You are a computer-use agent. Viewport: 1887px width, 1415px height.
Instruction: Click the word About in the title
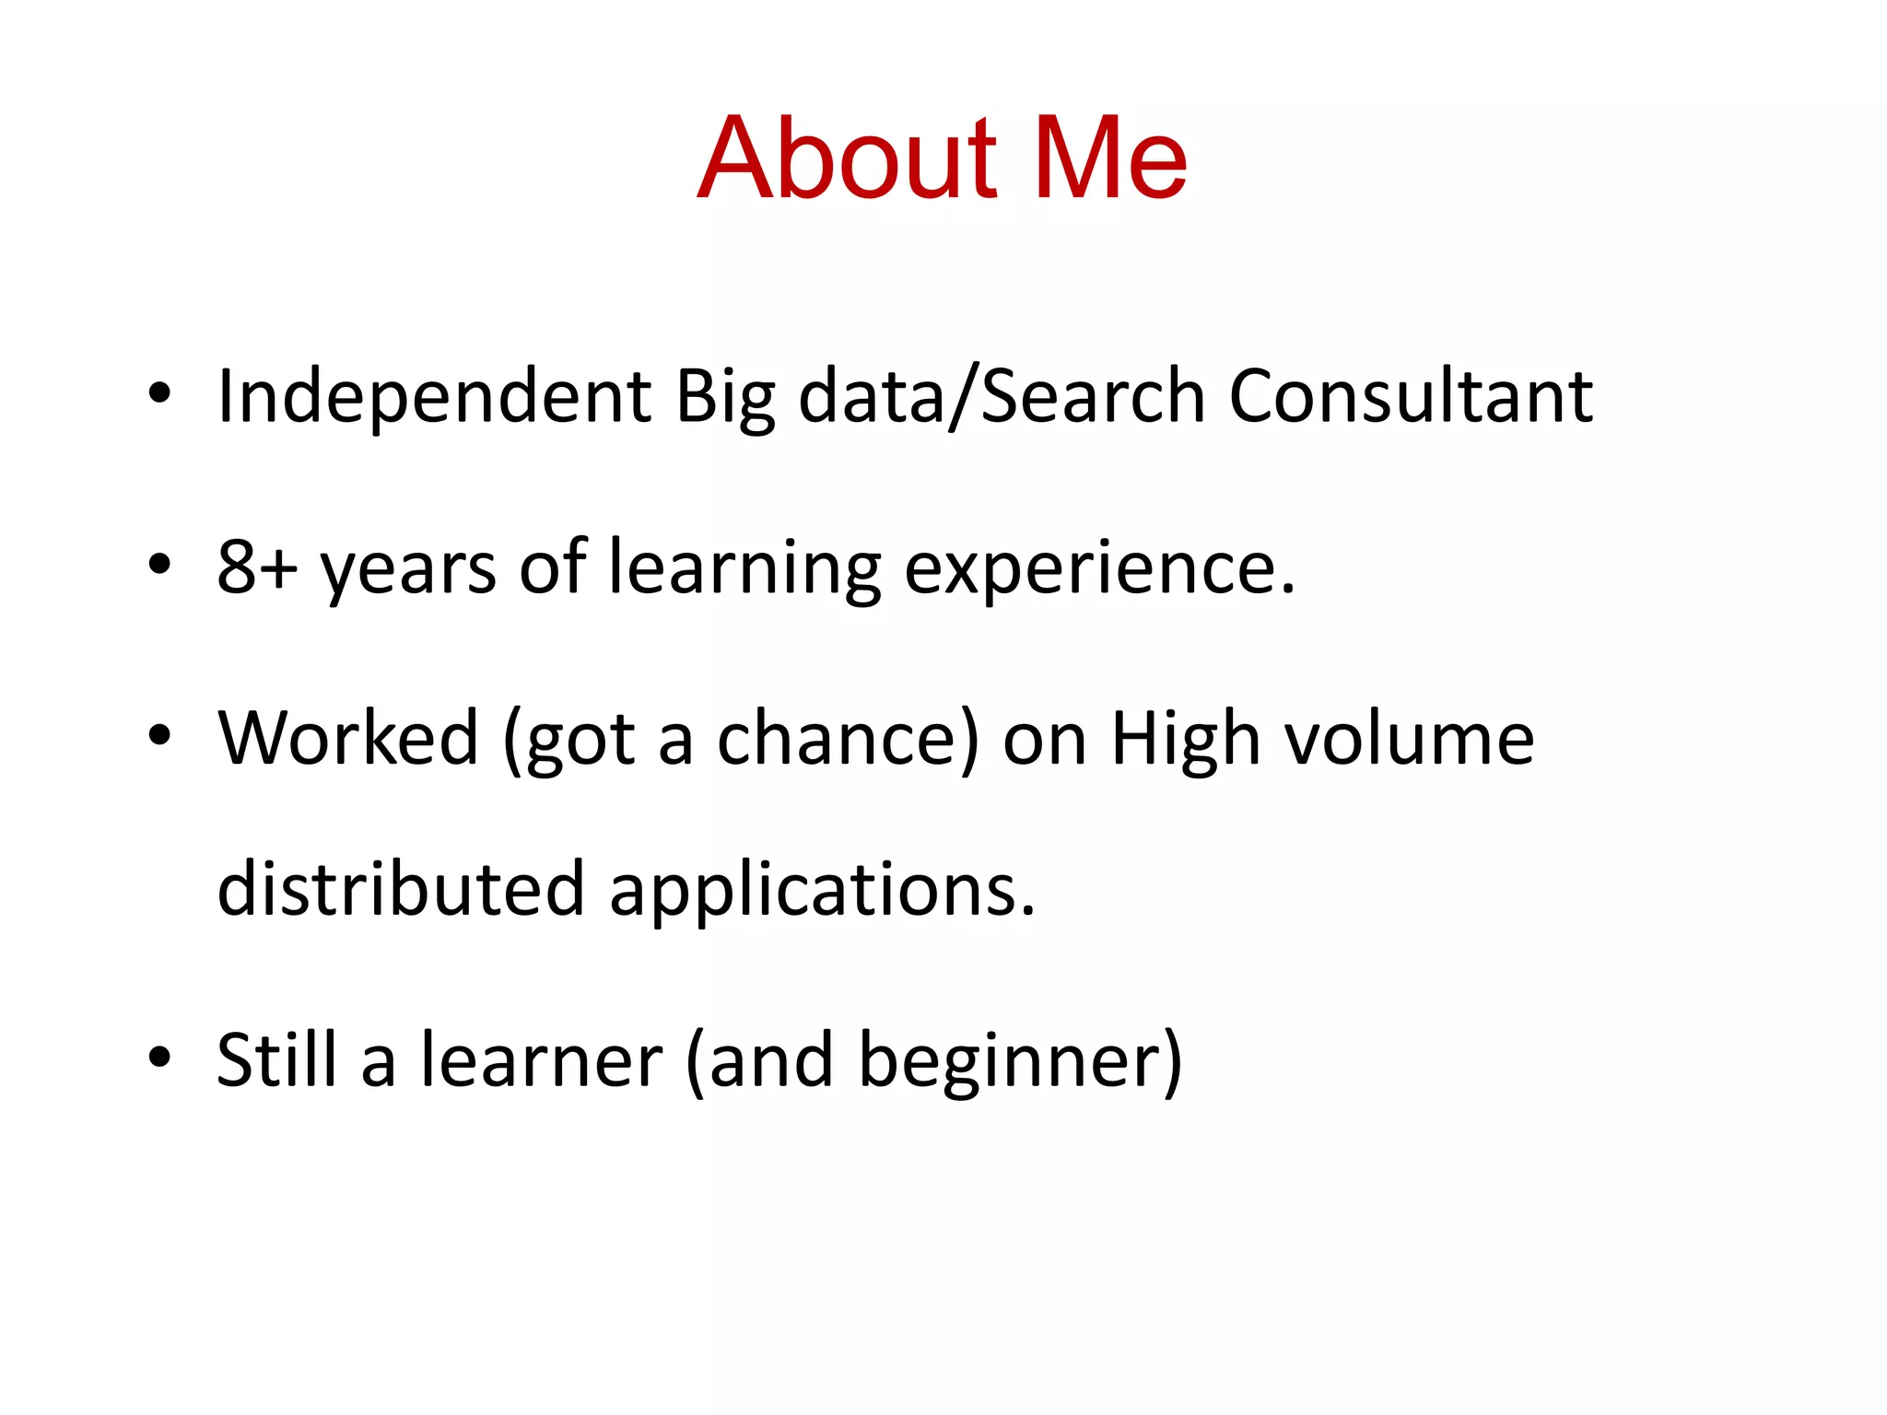(x=846, y=158)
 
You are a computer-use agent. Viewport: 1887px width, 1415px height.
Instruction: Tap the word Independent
(x=434, y=397)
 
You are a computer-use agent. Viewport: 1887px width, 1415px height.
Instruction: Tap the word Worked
(x=348, y=739)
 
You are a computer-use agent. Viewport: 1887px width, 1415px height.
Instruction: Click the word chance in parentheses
(x=837, y=739)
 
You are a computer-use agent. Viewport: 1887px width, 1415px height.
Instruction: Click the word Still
(x=276, y=1060)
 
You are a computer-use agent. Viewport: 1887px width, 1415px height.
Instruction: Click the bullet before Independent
(x=159, y=395)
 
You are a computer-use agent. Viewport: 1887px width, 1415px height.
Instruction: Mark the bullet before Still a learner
(x=159, y=1058)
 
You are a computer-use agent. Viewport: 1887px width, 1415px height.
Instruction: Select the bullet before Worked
(x=159, y=736)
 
